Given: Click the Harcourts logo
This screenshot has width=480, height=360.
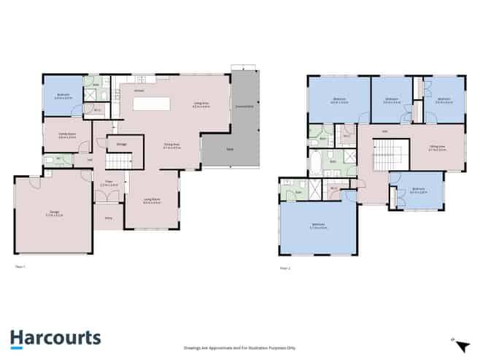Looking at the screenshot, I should pos(55,338).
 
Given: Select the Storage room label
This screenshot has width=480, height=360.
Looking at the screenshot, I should pos(121,144).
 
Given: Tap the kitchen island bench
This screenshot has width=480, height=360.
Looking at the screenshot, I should pos(151,104).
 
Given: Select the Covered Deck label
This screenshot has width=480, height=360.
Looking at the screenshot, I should pos(244,107).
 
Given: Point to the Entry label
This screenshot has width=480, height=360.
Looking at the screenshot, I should pos(108,218).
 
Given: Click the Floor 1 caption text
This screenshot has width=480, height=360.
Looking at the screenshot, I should pos(20,267).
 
